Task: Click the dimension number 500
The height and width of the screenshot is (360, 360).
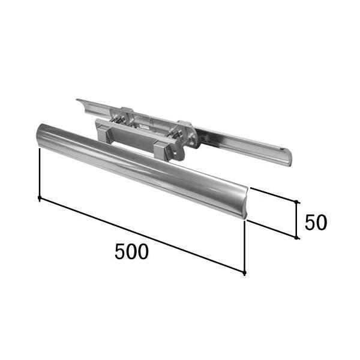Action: [131, 251]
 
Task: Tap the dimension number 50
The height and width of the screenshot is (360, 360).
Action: [316, 222]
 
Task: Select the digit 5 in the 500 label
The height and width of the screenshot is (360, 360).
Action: [120, 251]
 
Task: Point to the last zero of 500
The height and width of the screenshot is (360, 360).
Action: [143, 251]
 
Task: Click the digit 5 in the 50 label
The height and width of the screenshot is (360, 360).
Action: [310, 222]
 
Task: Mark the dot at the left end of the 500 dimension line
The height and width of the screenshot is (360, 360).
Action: [40, 197]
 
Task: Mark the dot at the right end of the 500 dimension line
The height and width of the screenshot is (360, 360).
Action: [245, 272]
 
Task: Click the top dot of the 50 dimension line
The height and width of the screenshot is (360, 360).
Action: [296, 202]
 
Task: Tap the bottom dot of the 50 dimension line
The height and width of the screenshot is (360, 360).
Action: [296, 238]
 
